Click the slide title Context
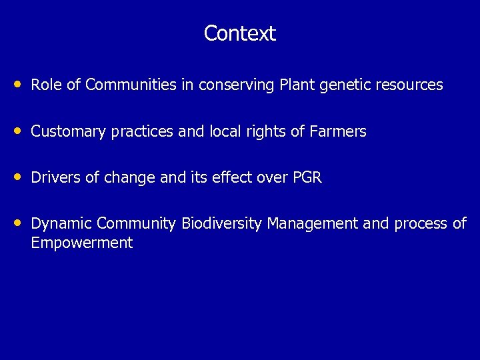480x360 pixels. [239, 33]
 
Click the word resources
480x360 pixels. [409, 85]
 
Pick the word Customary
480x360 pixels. [68, 132]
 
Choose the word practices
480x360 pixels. [142, 132]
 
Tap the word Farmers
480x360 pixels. [338, 131]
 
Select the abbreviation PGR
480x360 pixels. [307, 178]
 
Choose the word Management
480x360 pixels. [312, 224]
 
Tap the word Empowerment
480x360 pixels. [82, 243]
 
